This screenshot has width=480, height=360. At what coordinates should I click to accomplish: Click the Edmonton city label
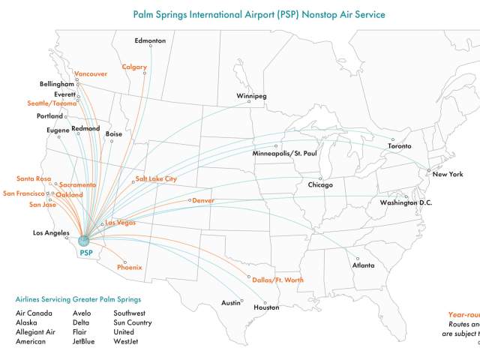point(150,40)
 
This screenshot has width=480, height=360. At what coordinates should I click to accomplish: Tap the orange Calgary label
point(134,67)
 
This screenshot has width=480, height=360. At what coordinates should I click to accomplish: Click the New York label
point(447,174)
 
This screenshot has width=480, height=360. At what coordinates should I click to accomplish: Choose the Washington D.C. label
point(406,203)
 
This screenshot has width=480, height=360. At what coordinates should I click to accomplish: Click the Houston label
point(265,307)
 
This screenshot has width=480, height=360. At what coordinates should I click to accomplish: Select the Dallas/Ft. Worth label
point(277,280)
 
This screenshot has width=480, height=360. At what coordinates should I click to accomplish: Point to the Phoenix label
point(129,267)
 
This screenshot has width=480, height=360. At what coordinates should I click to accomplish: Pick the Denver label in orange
point(203,201)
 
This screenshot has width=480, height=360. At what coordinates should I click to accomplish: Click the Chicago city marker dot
point(319,178)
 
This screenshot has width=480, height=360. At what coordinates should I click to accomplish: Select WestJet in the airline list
point(125,342)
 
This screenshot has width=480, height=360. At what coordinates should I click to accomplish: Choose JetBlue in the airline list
point(84,342)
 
